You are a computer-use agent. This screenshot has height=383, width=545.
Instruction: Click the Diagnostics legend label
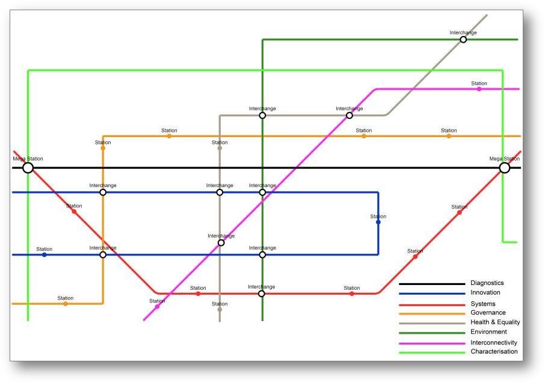487,283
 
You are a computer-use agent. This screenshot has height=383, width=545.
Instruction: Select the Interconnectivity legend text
493,343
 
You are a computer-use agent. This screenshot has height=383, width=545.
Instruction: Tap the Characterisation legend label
493,352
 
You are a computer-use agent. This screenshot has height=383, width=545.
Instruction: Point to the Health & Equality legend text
494,322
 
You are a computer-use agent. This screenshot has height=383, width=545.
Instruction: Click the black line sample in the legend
432,284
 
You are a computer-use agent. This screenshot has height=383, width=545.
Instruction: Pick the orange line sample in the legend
432,313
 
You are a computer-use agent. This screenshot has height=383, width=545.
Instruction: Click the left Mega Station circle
28,168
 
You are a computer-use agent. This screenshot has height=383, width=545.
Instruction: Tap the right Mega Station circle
505,168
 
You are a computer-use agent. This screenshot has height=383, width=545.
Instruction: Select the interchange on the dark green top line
463,40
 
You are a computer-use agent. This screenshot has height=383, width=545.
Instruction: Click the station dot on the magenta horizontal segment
479,89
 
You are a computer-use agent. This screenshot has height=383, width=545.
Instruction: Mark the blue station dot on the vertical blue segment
378,222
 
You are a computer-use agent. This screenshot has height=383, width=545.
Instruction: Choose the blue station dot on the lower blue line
44,255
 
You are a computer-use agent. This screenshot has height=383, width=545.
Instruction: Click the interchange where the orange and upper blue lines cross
103,192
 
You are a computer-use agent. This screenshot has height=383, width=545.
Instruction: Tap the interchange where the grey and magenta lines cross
221,243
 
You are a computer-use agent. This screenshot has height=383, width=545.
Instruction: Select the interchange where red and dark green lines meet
262,294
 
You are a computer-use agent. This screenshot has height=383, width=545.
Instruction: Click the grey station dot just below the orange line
220,148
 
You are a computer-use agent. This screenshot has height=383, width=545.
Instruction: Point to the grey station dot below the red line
220,310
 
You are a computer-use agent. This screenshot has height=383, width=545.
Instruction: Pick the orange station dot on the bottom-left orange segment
66,304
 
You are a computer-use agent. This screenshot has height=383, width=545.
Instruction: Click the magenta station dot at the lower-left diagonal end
158,307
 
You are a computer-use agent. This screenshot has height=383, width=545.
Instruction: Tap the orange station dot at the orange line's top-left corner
103,148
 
